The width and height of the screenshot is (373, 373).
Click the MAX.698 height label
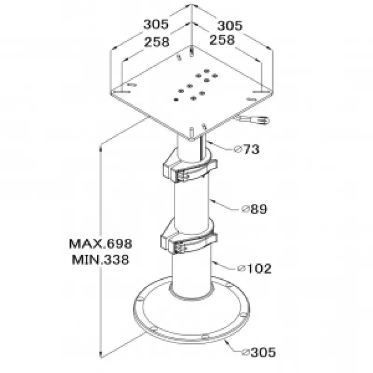100,243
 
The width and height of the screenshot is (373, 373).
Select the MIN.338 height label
100,260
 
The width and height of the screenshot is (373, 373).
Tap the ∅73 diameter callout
247,149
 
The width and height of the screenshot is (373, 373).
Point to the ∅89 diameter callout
254,209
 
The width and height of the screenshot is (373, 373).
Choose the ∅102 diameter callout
255,269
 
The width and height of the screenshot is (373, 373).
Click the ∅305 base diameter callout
259,352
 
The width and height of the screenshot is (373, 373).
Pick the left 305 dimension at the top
156,24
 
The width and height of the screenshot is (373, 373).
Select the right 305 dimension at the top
230,26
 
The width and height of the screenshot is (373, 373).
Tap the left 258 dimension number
157,42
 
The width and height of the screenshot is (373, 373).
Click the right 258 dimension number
222,40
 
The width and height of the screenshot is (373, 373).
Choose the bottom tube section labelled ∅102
192,274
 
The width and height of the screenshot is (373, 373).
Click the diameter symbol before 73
237,149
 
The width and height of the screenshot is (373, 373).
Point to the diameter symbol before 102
242,269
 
